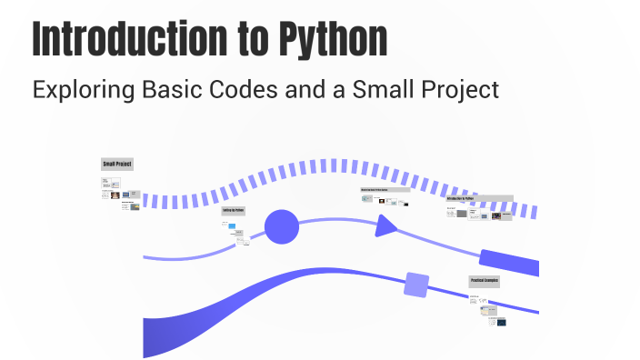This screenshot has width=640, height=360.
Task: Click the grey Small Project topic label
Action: tap(117, 165)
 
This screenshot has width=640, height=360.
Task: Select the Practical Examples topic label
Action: tap(484, 282)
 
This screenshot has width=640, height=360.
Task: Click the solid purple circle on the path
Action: tap(281, 225)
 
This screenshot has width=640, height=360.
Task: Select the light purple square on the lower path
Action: tap(416, 285)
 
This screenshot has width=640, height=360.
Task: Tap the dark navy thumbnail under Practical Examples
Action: tap(500, 321)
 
